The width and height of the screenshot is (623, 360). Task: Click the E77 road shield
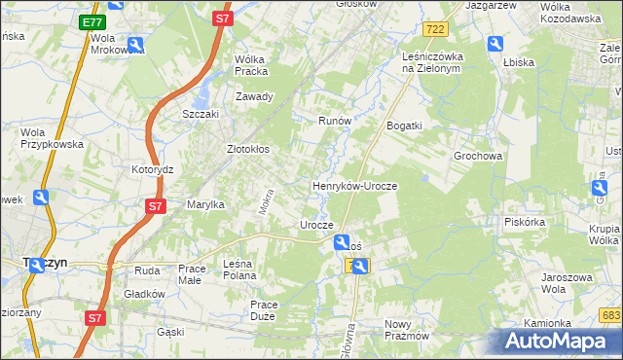[92, 21]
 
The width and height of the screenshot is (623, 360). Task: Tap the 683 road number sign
[610, 314]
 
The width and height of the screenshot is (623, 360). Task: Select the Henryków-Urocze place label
[354, 185]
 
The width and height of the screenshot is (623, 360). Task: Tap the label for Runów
[334, 122]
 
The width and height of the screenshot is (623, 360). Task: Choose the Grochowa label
[477, 156]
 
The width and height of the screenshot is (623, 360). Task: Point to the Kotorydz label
[152, 168]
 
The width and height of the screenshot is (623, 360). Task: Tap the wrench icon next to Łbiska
[495, 44]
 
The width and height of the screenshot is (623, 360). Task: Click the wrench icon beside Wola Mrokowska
[135, 44]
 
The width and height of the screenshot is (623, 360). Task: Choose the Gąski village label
[169, 332]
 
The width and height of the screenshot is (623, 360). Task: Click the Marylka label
[206, 204]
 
